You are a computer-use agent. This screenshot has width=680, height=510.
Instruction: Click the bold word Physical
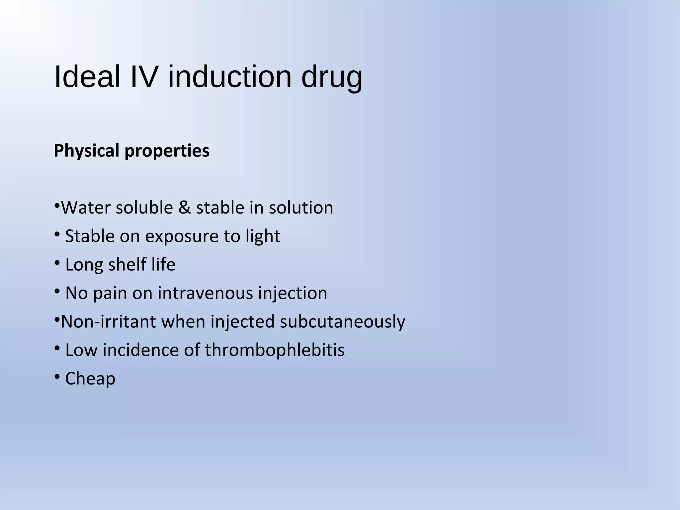point(86,151)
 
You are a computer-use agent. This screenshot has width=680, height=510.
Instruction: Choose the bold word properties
point(167,151)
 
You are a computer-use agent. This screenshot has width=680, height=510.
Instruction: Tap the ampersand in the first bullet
point(185,208)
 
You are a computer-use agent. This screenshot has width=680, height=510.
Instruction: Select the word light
point(263,237)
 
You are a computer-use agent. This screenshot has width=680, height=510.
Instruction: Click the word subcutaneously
point(342,322)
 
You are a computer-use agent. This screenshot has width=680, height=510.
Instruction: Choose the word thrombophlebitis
point(275,350)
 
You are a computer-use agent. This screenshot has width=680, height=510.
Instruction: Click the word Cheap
point(90,379)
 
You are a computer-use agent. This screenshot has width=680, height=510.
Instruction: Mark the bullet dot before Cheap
point(57,376)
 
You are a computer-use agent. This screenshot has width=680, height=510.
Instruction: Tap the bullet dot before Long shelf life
point(57,263)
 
